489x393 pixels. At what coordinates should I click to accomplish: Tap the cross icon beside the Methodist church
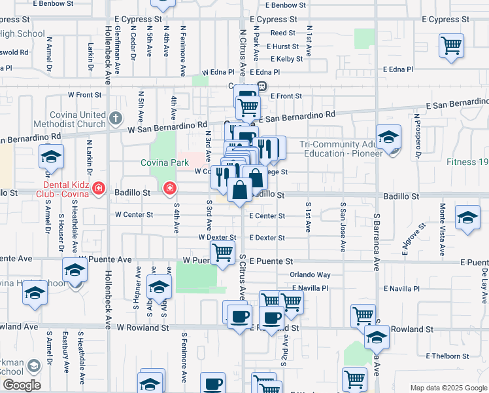tap(115, 119)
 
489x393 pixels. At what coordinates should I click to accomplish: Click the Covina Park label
tap(165, 162)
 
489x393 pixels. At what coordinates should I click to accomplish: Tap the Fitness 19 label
tap(468, 162)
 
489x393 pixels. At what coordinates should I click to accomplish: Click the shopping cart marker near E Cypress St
tap(451, 46)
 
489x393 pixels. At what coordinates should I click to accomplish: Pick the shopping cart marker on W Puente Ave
tap(222, 251)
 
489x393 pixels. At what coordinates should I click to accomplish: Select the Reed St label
tap(283, 32)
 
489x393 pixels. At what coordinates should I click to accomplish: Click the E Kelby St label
tap(285, 59)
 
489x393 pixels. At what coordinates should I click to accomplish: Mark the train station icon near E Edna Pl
tap(261, 86)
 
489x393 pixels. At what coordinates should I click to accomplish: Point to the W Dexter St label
tap(217, 238)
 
